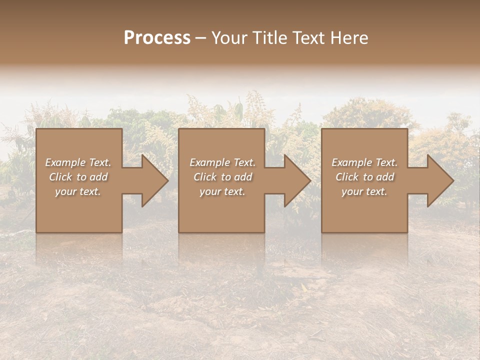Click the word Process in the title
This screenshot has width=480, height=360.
157,38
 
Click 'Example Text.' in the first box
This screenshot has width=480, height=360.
78,162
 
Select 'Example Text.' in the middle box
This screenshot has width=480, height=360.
222,162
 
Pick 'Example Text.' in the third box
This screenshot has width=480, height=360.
364,162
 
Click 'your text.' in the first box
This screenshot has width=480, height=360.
78,191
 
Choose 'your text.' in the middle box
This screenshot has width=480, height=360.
222,191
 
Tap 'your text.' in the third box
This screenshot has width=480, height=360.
364,191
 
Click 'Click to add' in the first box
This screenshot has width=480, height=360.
78,177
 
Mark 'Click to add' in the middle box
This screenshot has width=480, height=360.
222,177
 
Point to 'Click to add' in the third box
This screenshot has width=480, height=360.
364,177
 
